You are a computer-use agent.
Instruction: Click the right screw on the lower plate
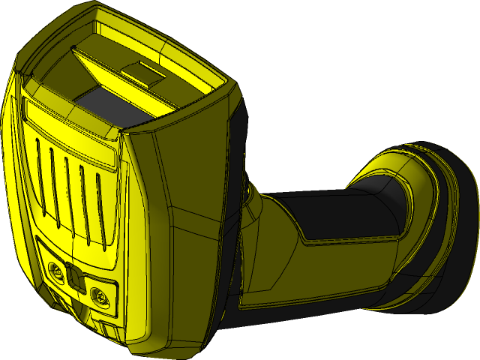point(99,297)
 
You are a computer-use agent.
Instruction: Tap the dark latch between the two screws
point(76,280)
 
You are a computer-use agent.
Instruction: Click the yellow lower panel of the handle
point(315,277)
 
